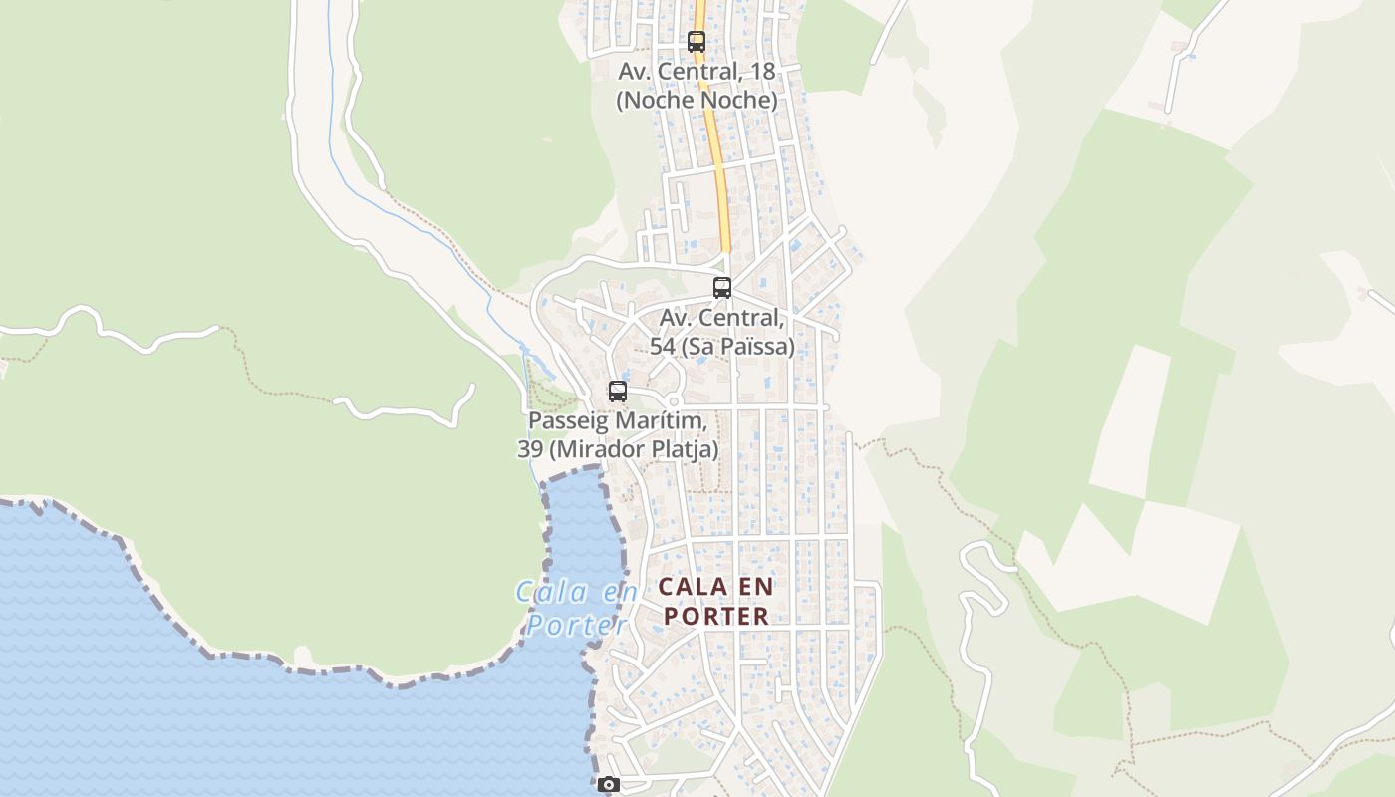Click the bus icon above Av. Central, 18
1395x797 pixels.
tap(697, 42)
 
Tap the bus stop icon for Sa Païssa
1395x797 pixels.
tap(722, 288)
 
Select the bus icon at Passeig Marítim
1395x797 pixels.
tap(618, 392)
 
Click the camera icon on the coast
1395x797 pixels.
tap(609, 785)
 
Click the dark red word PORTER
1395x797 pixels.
tap(716, 616)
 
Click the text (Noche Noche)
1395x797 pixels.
tap(697, 101)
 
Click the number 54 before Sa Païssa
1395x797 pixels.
tap(663, 347)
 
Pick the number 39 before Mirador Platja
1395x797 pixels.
tap(530, 449)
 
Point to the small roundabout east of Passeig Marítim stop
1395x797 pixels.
tap(674, 401)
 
